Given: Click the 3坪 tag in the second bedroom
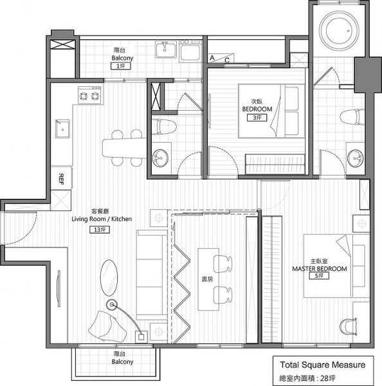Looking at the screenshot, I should [x=257, y=118].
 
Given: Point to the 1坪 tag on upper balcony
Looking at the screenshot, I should [x=119, y=66].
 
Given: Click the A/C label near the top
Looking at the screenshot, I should [x=219, y=59].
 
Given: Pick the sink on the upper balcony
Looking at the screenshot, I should [x=165, y=48].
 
